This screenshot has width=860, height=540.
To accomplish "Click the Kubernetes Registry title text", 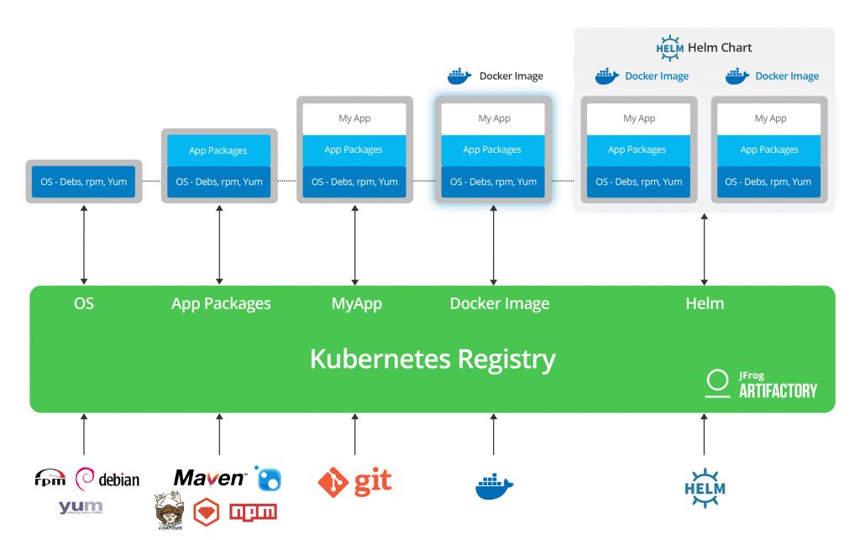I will [433, 359].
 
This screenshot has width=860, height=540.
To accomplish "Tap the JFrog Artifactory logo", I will [761, 383].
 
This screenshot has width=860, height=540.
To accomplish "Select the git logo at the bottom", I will [354, 482].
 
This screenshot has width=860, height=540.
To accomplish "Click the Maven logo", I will [210, 478].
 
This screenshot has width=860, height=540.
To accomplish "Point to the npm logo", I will [253, 511].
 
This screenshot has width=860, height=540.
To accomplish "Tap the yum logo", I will [81, 507].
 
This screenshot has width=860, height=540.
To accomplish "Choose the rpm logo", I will [50, 479].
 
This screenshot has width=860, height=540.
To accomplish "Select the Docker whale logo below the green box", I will [494, 486].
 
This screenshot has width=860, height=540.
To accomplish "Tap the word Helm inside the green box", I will [705, 303].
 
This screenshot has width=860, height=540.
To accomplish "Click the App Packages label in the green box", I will [221, 303].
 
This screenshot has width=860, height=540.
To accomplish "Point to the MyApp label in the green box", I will [356, 303].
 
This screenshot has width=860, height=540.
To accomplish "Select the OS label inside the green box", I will [84, 303].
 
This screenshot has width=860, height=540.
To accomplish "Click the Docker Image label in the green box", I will [499, 303].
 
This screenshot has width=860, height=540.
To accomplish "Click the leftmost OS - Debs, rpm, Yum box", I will [83, 181].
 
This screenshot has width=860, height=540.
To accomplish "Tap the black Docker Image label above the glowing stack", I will [511, 76].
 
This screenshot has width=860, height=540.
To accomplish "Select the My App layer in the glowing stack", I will [493, 118].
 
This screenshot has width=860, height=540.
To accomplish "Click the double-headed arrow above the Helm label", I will [704, 249].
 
